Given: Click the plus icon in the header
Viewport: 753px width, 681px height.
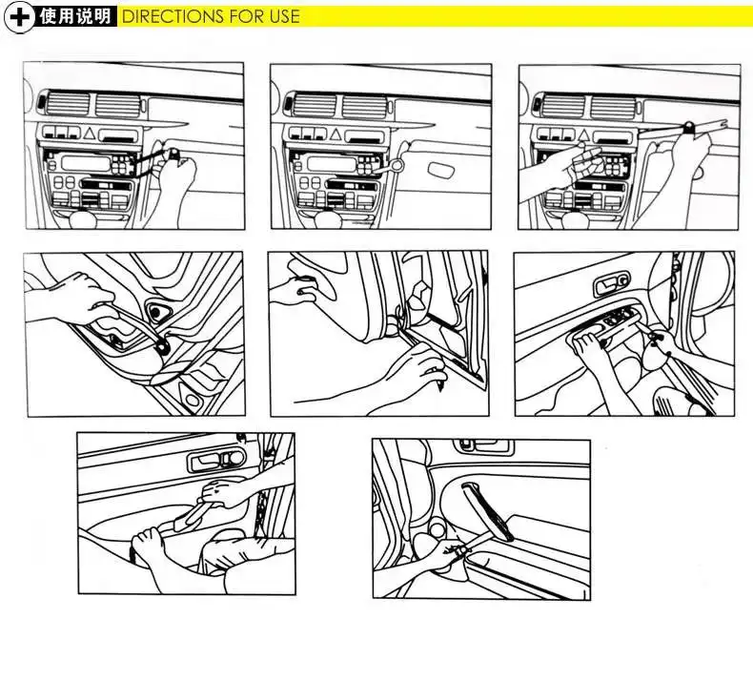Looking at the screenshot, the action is pyautogui.click(x=19, y=17).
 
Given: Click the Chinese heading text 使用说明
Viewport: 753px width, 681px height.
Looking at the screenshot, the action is pyautogui.click(x=75, y=16).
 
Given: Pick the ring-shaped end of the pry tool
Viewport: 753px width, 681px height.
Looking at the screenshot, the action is pyautogui.click(x=397, y=165).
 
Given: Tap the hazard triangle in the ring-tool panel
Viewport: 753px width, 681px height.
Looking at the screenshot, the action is pyautogui.click(x=336, y=134).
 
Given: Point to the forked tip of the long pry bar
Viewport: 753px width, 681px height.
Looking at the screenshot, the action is pyautogui.click(x=723, y=123).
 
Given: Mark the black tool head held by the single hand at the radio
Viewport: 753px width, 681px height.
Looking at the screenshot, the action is pyautogui.click(x=173, y=155).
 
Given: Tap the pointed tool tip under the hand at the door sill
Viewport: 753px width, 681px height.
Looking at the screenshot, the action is pyautogui.click(x=440, y=385).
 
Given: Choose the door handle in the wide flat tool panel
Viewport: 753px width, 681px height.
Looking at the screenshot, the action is pyautogui.click(x=215, y=461).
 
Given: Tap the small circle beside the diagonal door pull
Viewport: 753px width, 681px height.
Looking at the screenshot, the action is pyautogui.click(x=437, y=529).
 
